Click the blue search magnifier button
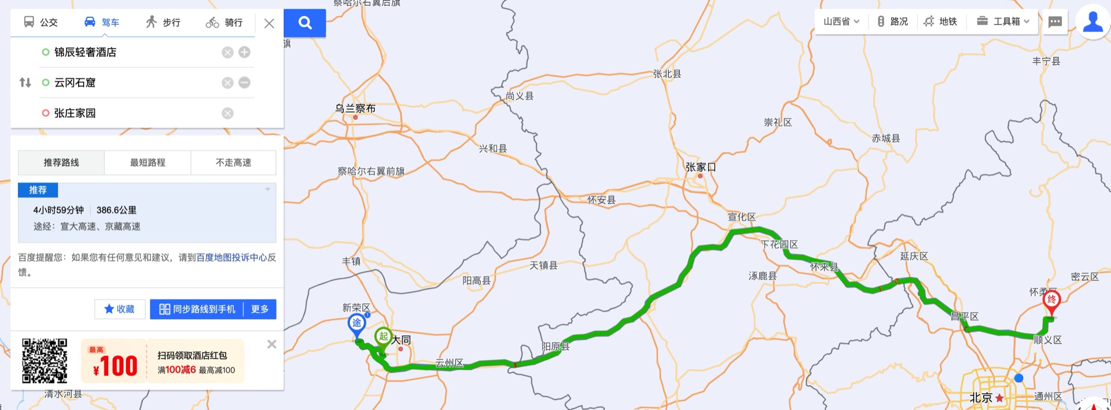tap(305, 23)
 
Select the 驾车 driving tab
tap(102, 23)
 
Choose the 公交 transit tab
tap(41, 23)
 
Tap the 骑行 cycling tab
tap(224, 23)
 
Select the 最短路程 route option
tap(148, 163)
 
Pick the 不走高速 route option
tap(233, 163)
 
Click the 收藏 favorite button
tap(120, 309)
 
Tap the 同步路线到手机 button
tap(197, 309)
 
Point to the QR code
tap(45, 361)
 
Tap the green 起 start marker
tap(383, 336)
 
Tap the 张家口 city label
tap(700, 167)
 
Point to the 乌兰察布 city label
tap(355, 108)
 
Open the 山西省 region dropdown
tap(841, 21)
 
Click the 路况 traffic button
tap(893, 21)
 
